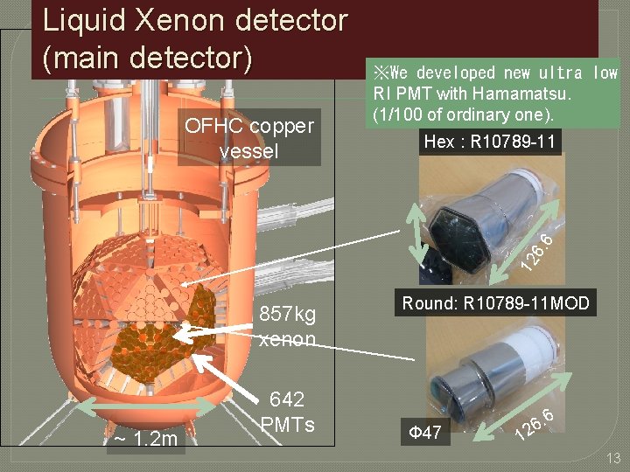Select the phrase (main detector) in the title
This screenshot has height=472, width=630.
coord(147,58)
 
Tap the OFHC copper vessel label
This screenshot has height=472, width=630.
coord(248,138)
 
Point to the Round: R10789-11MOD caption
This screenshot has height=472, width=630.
coord(495,303)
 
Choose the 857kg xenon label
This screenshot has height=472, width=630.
coord(288,326)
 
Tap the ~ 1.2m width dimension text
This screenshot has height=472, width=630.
coord(144,438)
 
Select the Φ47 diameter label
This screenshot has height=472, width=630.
coord(426,430)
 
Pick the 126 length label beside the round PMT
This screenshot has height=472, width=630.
coord(534,421)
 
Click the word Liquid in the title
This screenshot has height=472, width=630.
coord(83,21)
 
